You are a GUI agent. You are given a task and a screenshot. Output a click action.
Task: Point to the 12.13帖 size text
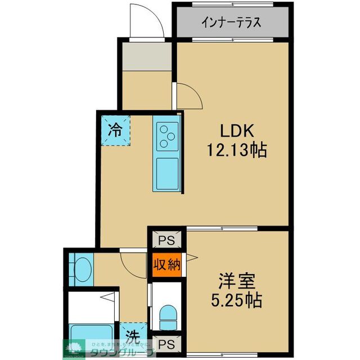click(x=237, y=150)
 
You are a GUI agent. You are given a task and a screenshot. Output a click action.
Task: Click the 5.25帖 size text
click(x=237, y=300)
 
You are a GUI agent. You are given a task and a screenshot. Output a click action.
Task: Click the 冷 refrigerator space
click(x=115, y=130)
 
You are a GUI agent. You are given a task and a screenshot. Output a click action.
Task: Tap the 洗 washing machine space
click(x=132, y=336)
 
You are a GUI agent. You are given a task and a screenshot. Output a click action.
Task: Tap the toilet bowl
click(x=167, y=317)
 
